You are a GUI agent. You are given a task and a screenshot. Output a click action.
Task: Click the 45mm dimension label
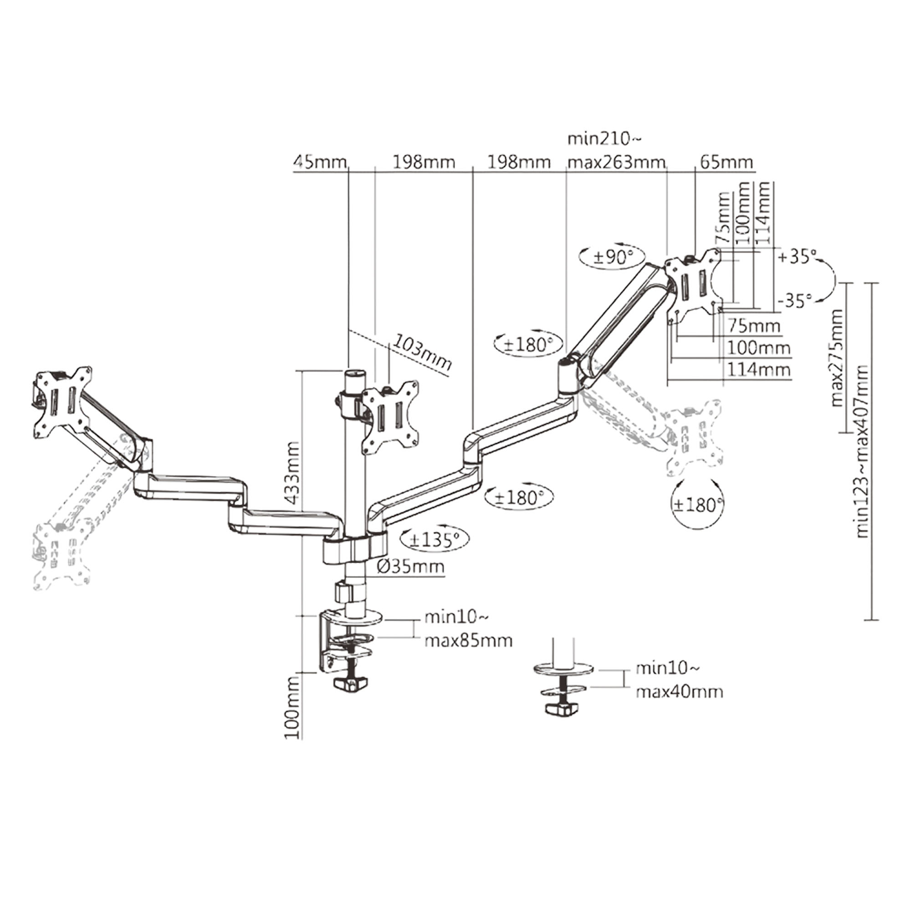click(x=319, y=163)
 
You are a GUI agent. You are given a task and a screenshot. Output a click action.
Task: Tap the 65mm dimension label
click(x=726, y=163)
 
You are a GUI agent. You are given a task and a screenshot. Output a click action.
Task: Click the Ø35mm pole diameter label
click(x=410, y=566)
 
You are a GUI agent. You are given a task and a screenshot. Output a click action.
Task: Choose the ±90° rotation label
click(x=612, y=257)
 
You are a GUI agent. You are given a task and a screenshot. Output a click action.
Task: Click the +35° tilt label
click(x=796, y=257)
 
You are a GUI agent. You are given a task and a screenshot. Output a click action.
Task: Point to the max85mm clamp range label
click(x=468, y=641)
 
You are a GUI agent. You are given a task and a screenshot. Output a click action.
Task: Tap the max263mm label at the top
click(x=616, y=163)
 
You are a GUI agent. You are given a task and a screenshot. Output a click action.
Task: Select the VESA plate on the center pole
click(x=390, y=416)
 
